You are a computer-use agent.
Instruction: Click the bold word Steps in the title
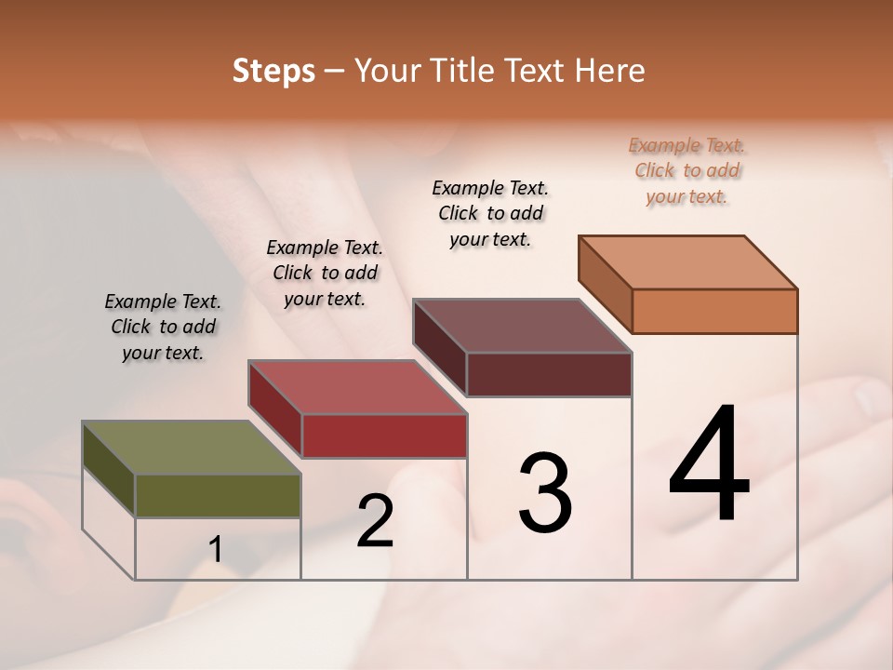273,71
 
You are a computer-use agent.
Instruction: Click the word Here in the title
610,71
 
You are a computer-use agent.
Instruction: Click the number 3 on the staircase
545,493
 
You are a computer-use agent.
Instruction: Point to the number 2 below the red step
375,521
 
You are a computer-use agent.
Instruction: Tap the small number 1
216,550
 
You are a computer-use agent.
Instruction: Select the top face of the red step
357,387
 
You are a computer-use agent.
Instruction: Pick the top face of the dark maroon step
522,326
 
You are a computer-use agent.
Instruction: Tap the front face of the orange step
714,311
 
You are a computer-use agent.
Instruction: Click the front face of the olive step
218,495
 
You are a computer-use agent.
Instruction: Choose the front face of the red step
384,435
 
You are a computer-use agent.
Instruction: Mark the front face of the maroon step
549,374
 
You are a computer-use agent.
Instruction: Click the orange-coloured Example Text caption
686,170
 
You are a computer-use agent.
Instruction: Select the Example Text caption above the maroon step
490,213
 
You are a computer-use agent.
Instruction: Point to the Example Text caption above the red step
325,273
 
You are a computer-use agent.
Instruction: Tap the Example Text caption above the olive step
163,327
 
